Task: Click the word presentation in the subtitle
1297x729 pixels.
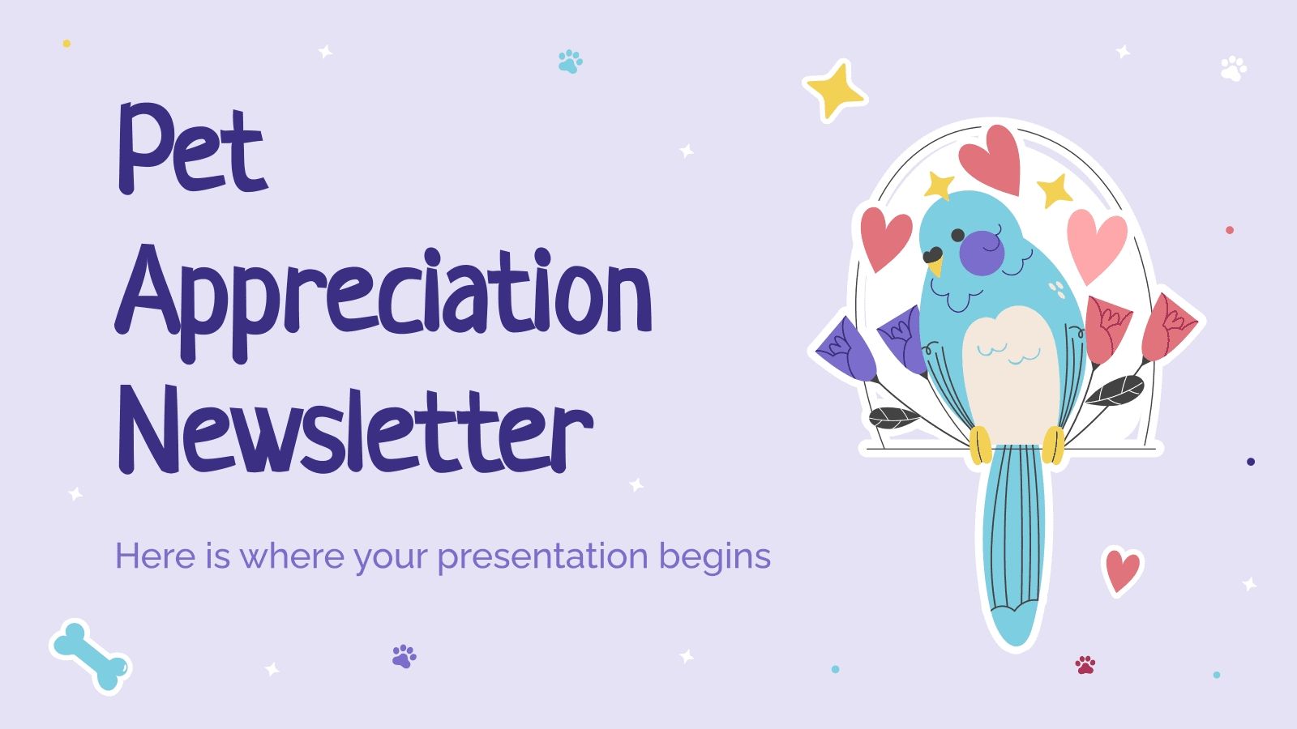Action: point(543,557)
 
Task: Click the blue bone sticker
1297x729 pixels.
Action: point(90,656)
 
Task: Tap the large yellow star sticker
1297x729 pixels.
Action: point(834,90)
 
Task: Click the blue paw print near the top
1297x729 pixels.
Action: point(570,62)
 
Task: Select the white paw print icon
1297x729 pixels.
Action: point(1233,68)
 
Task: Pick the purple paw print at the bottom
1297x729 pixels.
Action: point(404,655)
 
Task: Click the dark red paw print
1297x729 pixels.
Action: point(1085,665)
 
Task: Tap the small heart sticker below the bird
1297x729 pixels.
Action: point(1123,569)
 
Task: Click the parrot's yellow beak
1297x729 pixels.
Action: point(935,264)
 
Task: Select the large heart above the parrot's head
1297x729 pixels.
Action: point(990,158)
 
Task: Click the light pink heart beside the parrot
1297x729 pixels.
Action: point(1096,242)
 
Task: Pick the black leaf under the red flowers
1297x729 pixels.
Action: point(1115,391)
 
